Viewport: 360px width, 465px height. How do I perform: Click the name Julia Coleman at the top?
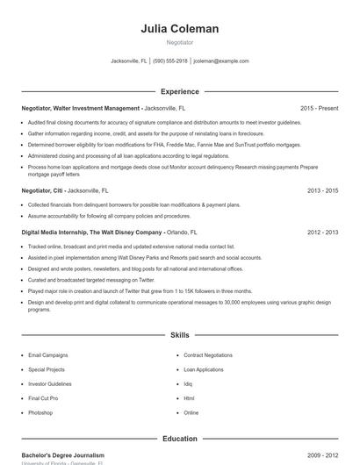(179, 29)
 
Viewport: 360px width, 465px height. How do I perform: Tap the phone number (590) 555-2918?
(170, 61)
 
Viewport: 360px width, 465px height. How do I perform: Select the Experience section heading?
(179, 91)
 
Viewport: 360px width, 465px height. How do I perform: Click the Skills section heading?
(179, 335)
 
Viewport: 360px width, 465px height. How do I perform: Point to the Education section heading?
(179, 438)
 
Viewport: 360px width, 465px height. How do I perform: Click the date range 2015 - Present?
(319, 108)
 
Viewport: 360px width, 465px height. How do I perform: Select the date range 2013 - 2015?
(323, 190)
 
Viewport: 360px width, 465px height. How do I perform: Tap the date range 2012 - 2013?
(323, 232)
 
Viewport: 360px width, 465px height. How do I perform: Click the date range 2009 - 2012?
(323, 455)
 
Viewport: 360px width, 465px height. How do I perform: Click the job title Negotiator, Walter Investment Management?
(80, 108)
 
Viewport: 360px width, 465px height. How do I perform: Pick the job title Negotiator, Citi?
(42, 190)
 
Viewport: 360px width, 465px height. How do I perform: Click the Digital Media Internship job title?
(91, 232)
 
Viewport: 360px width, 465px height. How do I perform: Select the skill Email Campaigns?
(47, 355)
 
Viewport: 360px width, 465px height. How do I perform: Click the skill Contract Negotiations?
(208, 355)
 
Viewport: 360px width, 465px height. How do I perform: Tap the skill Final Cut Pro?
(43, 398)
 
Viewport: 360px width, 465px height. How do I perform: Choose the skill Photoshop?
(40, 412)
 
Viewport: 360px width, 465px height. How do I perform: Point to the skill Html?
(189, 398)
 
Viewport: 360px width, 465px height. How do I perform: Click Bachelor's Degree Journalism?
(62, 455)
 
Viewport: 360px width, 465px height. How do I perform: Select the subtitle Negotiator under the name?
(179, 42)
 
